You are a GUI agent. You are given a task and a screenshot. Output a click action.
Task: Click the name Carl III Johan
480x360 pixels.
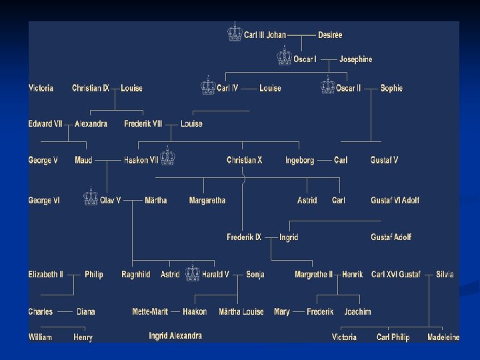pyautogui.click(x=265, y=35)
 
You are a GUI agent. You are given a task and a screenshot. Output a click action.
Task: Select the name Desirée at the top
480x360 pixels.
pyautogui.click(x=329, y=35)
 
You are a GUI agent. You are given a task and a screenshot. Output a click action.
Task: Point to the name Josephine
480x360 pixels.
pyautogui.click(x=355, y=59)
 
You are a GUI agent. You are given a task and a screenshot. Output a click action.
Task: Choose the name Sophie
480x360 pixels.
pyautogui.click(x=391, y=88)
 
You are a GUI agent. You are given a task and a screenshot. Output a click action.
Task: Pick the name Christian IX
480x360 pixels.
pyautogui.click(x=91, y=88)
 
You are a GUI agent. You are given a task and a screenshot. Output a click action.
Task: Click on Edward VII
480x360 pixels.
pyautogui.click(x=45, y=123)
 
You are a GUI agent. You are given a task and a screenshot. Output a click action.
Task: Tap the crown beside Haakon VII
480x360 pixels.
pyautogui.click(x=168, y=156)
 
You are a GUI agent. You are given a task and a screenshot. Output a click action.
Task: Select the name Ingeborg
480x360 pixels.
pyautogui.click(x=299, y=160)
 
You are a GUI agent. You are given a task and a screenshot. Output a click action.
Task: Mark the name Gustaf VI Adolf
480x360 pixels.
pyautogui.click(x=395, y=200)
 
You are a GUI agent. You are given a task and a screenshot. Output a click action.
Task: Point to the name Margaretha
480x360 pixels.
pyautogui.click(x=207, y=200)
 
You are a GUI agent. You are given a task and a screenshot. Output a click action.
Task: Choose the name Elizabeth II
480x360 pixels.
pyautogui.click(x=46, y=274)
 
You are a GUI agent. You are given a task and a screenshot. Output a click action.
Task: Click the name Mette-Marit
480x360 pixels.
pyautogui.click(x=151, y=311)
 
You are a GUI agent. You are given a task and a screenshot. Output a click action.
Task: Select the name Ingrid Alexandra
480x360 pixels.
pyautogui.click(x=175, y=336)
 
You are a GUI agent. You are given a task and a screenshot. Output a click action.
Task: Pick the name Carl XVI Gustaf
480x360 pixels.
pyautogui.click(x=396, y=274)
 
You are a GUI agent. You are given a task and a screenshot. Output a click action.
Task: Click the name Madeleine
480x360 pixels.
pyautogui.click(x=443, y=337)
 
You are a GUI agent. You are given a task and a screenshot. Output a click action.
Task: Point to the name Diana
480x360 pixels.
pyautogui.click(x=86, y=311)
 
